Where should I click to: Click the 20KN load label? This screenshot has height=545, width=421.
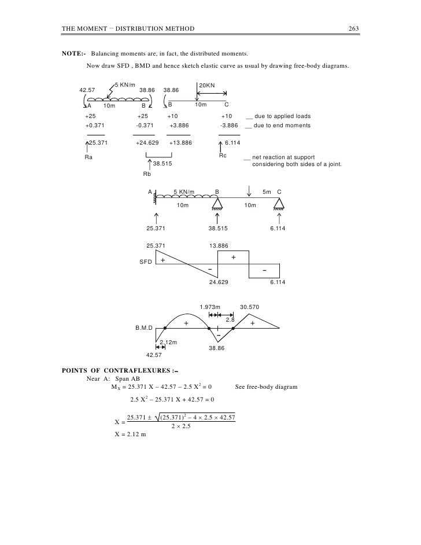[x=206, y=86]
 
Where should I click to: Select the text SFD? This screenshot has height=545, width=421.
[x=146, y=262]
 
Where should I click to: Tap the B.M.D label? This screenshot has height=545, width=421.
[x=144, y=327]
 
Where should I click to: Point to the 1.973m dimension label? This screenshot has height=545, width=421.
[x=209, y=307]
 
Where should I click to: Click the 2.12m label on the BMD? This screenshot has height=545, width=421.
[x=168, y=343]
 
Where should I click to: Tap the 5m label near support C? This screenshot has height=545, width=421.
[x=267, y=192]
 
